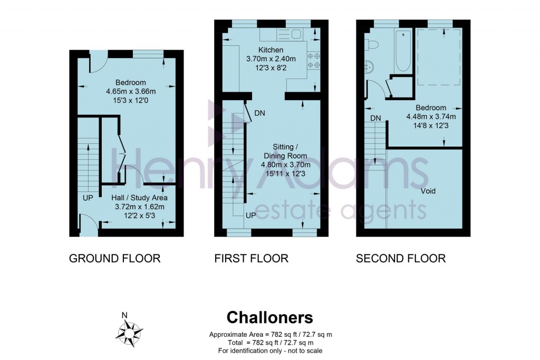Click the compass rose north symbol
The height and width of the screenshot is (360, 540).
[127, 331]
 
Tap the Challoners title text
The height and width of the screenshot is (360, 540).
[269, 317]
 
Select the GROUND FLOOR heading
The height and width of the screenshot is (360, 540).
[114, 258]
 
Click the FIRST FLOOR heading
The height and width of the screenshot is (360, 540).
[251, 258]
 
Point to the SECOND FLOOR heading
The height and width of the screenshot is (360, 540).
[400, 258]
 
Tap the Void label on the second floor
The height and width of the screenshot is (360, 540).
[428, 191]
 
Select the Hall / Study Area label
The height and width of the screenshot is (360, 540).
[140, 198]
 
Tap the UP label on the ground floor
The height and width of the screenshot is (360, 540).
[88, 198]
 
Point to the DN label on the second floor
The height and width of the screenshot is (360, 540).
[375, 118]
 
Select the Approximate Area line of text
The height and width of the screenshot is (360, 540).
[270, 335]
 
